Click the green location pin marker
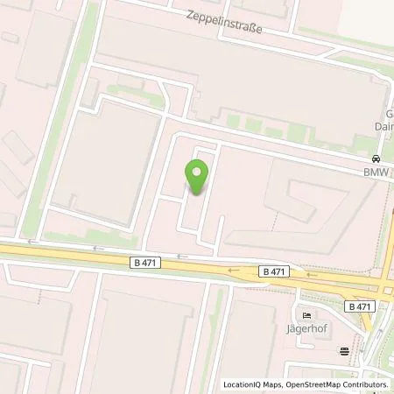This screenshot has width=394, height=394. [x=198, y=178]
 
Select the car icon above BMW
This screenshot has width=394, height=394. [x=376, y=159]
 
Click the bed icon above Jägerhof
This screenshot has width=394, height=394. [x=306, y=316]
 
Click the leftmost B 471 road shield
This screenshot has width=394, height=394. [x=144, y=262]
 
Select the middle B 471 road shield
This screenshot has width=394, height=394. [x=273, y=272]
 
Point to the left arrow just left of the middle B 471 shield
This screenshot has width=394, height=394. [x=234, y=271]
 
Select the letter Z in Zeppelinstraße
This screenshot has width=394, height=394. [x=187, y=15]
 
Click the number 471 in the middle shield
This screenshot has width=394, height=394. [x=277, y=272]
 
